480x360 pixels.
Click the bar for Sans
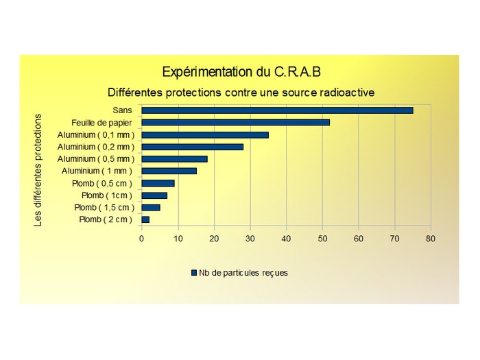pos(277,110)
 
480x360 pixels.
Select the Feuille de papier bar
pos(235,122)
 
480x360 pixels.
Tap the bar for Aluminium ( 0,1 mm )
pos(205,134)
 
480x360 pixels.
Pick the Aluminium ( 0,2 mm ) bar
pos(192,147)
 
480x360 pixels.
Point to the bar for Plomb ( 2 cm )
pos(145,219)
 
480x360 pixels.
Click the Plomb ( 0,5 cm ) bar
pos(158,183)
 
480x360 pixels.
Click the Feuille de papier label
pos(101,122)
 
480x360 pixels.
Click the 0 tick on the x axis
pos(142,239)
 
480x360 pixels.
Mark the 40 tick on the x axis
pos(286,239)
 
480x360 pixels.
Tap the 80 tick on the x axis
pos(431,239)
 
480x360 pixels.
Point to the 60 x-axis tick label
pos(359,239)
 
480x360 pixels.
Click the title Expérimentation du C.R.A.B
pos(241,72)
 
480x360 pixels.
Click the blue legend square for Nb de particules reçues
pos(194,273)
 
